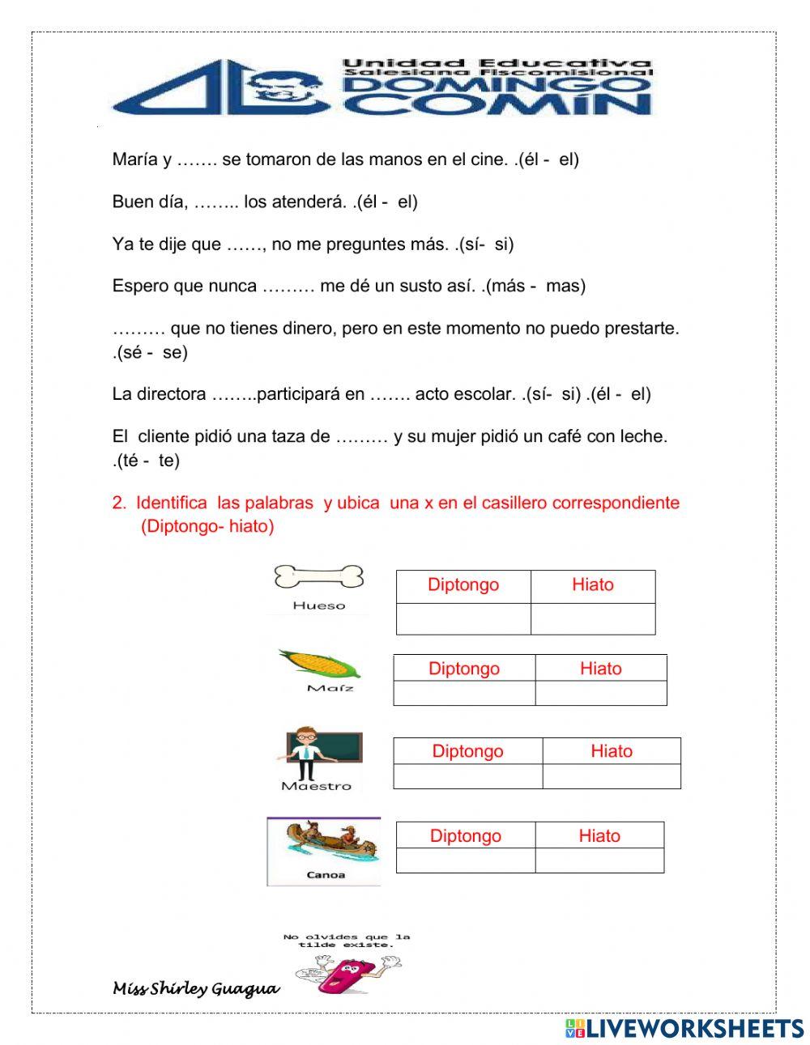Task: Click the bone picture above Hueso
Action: pyautogui.click(x=318, y=577)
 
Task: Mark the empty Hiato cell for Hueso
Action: pyautogui.click(x=593, y=618)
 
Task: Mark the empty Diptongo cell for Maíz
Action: pyautogui.click(x=464, y=693)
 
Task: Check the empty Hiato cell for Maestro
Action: pyautogui.click(x=611, y=776)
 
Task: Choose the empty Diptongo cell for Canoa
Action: pyautogui.click(x=465, y=860)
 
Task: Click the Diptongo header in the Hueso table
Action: pyautogui.click(x=463, y=585)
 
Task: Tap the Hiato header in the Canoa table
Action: pyautogui.click(x=599, y=836)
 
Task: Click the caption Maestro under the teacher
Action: pyautogui.click(x=317, y=786)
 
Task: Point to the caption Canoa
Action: pyautogui.click(x=326, y=875)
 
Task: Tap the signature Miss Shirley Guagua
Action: pyautogui.click(x=196, y=989)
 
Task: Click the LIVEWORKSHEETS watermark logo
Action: pyautogui.click(x=684, y=1028)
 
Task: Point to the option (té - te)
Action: pyautogui.click(x=147, y=461)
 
